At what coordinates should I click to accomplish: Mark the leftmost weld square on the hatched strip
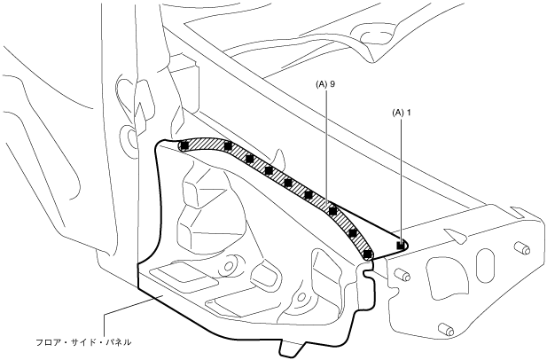click(x=183, y=146)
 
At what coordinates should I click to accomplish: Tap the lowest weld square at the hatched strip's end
click(x=366, y=254)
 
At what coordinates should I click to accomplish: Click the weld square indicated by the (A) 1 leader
click(x=401, y=246)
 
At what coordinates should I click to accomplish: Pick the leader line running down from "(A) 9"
click(x=325, y=142)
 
